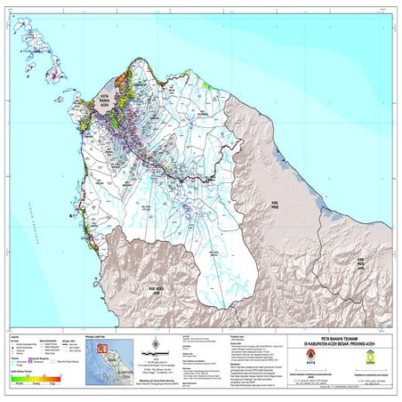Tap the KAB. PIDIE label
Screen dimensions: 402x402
pos(277,205)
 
